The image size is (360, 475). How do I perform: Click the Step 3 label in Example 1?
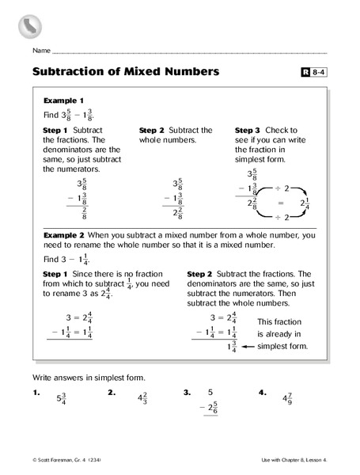pos(249,131)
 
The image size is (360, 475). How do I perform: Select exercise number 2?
pos(112,392)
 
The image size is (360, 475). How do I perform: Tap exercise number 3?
pos(188,392)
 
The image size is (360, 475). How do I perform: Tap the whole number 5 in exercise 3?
pos(211,392)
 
